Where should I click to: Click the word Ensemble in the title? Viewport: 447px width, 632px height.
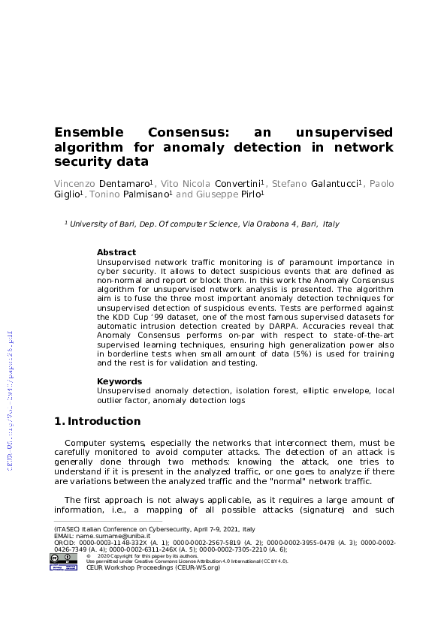click(89, 132)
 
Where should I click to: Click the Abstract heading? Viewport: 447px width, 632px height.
click(116, 252)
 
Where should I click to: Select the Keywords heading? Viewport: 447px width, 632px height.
click(119, 381)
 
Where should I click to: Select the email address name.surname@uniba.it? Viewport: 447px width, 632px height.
click(110, 535)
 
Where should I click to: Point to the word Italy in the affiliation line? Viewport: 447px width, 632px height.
click(331, 224)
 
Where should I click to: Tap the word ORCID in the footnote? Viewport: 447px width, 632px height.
click(65, 542)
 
